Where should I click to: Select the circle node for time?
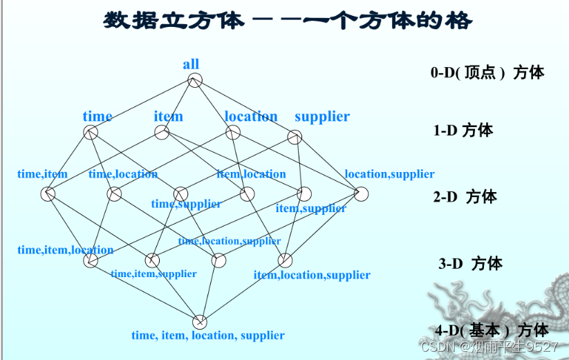[x=91, y=132]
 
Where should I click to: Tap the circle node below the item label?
[x=162, y=132]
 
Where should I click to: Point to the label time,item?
[x=42, y=174]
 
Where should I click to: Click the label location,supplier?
[x=389, y=174]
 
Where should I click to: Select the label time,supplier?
[x=186, y=204]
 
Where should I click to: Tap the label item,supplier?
[x=310, y=208]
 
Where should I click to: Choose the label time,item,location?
[x=65, y=250]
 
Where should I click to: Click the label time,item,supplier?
[x=153, y=274]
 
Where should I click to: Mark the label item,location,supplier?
[x=312, y=275]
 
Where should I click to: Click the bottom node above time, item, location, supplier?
[x=200, y=321]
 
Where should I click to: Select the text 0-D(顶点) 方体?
[x=487, y=73]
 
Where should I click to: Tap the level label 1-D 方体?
[x=463, y=130]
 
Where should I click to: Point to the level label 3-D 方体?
[x=470, y=263]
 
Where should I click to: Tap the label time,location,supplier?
[x=230, y=241]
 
